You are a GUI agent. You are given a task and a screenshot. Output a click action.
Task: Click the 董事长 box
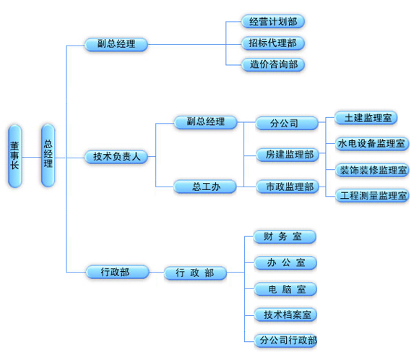coord(15,156)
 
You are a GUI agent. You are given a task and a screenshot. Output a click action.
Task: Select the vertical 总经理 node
coord(48,155)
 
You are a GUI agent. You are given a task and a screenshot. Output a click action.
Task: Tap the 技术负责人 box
coord(116,157)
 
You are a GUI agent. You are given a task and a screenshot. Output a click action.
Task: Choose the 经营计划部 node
coord(273,22)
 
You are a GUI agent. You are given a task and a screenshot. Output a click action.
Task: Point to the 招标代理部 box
coord(273,43)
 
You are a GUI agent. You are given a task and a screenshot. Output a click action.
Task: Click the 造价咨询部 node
coord(273,64)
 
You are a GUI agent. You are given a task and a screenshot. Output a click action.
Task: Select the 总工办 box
coord(205,187)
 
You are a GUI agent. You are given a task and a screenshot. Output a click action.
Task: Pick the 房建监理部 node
coord(288,155)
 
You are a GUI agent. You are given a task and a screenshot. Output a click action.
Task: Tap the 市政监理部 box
coord(288,187)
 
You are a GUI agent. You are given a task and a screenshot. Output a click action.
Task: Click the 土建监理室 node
coord(366,118)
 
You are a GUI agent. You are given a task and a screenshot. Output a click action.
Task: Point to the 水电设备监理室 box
coord(372,144)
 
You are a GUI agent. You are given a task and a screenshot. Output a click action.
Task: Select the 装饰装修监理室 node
coord(372,170)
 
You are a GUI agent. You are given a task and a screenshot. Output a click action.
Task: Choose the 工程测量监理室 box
coord(372,195)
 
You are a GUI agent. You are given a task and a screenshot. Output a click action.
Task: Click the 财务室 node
coord(285,236)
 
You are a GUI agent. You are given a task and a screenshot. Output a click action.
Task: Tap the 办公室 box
coord(285,262)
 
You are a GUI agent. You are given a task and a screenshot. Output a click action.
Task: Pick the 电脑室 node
coord(285,289)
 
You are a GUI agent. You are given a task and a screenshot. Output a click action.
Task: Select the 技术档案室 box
coord(285,314)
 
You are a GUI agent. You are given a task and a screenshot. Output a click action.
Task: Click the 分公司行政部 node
coord(285,340)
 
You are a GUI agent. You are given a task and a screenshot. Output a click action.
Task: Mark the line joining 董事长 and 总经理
coord(32,158)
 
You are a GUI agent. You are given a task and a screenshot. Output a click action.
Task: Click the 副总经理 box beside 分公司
coord(205,122)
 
